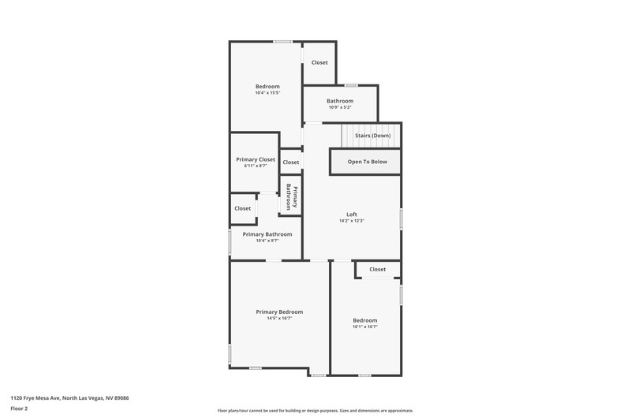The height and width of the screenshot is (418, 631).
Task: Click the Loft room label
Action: (352, 215)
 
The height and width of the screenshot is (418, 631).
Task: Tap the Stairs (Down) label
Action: (372, 136)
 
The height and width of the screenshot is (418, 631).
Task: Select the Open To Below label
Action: (368, 162)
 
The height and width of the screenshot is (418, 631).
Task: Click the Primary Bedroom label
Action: (279, 312)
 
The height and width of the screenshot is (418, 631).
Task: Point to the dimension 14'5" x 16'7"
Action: (279, 318)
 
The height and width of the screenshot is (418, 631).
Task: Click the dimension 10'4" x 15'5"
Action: (267, 93)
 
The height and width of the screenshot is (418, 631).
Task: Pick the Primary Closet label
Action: (256, 159)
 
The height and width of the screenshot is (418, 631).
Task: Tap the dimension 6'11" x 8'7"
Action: (256, 166)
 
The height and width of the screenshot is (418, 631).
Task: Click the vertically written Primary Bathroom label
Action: (291, 197)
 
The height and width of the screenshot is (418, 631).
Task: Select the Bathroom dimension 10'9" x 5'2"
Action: (340, 107)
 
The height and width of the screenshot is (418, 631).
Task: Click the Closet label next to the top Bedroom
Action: (319, 62)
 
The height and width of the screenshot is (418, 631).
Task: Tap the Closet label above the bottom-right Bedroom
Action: (378, 269)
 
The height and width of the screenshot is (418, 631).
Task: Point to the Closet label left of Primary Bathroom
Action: (243, 208)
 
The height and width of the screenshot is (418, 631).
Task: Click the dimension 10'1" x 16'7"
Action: (365, 327)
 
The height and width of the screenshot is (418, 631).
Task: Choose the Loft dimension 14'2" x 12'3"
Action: (352, 221)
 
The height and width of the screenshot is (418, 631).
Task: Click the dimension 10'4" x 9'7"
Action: (267, 241)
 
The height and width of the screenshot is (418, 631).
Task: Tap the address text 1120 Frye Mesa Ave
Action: (35, 398)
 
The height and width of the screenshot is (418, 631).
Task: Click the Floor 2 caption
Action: (19, 409)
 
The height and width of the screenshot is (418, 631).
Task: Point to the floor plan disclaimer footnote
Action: (315, 411)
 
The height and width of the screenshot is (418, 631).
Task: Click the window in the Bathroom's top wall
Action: (351, 85)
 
